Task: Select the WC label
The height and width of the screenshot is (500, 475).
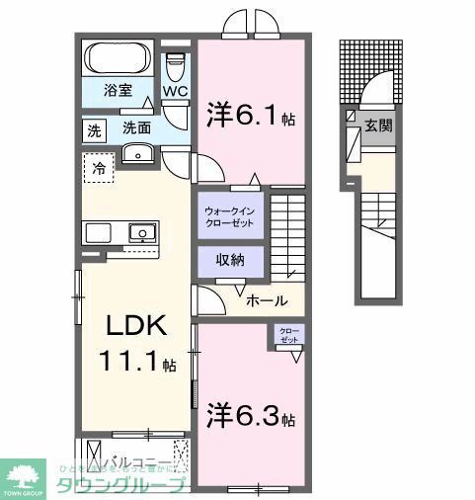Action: [175, 93]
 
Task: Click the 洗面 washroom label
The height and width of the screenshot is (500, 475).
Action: [136, 127]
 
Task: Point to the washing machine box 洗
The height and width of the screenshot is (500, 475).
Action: [94, 130]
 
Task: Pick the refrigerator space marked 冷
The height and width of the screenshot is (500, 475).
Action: [98, 168]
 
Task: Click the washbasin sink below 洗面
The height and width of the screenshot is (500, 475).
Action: [136, 153]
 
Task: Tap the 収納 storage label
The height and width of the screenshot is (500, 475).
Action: [228, 261]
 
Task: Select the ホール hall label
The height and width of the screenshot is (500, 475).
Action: [267, 300]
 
